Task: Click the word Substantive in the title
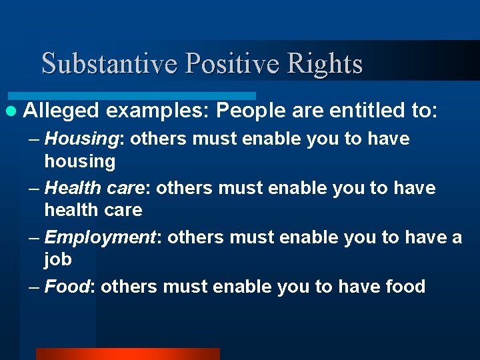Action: click(x=111, y=63)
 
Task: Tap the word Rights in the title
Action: click(x=325, y=63)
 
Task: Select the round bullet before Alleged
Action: click(x=11, y=111)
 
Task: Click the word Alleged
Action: click(x=61, y=110)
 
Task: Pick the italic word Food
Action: click(x=67, y=287)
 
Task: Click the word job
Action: click(x=58, y=259)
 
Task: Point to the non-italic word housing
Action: click(x=79, y=161)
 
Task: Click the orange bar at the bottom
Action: click(x=127, y=354)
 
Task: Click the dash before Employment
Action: click(x=35, y=238)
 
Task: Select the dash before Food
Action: click(x=35, y=287)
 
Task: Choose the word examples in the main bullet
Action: click(x=157, y=110)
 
